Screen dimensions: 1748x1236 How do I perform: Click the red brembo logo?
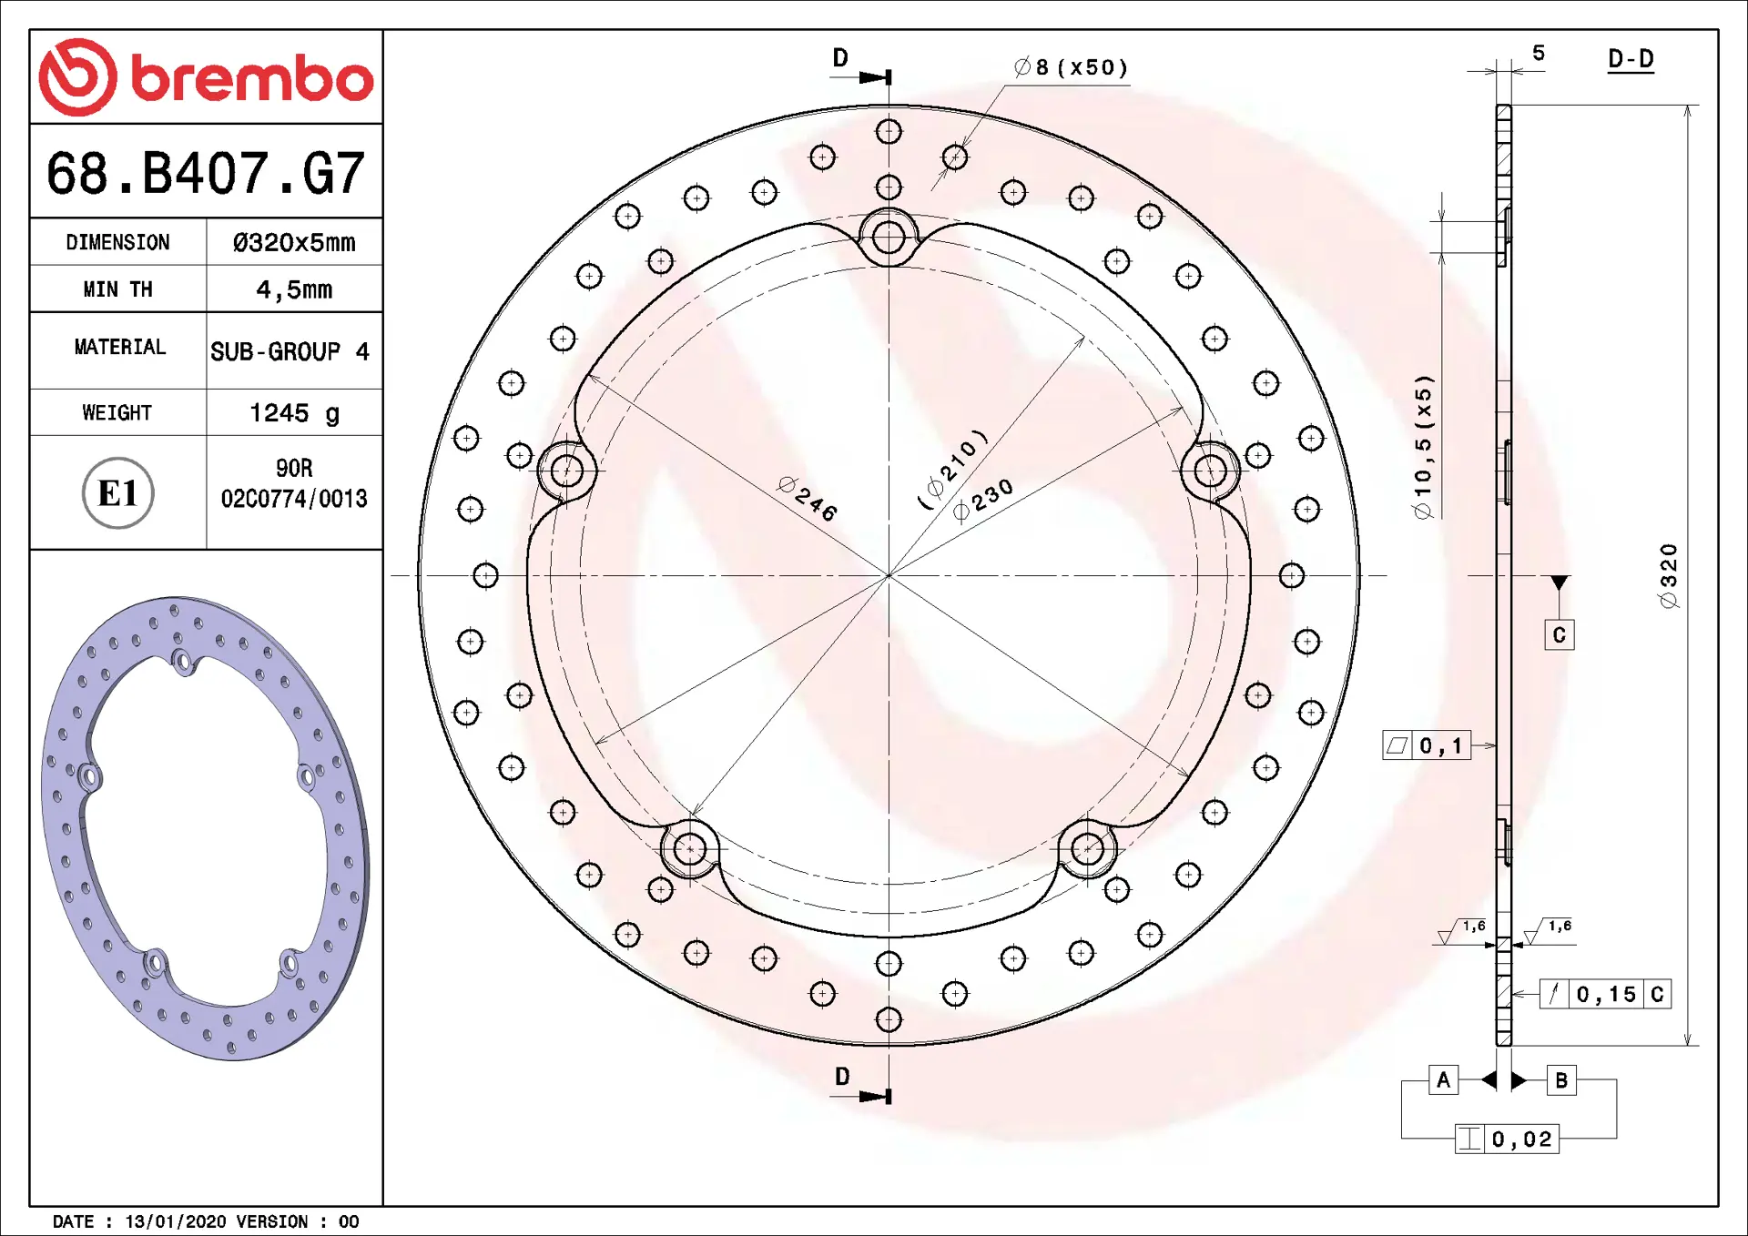click(206, 77)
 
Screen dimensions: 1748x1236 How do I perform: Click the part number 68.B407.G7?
click(206, 173)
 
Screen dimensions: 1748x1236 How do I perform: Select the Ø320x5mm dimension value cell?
click(294, 242)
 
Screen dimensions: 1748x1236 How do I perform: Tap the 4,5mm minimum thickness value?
click(294, 289)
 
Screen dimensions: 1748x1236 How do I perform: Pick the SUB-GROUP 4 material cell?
click(290, 351)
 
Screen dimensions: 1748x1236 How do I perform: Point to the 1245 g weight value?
click(294, 413)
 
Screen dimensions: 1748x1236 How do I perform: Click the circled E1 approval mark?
click(118, 492)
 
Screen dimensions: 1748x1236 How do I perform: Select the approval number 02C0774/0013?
click(294, 498)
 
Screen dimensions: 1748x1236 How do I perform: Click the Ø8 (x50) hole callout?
click(1071, 67)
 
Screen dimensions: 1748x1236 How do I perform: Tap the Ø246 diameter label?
click(808, 498)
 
